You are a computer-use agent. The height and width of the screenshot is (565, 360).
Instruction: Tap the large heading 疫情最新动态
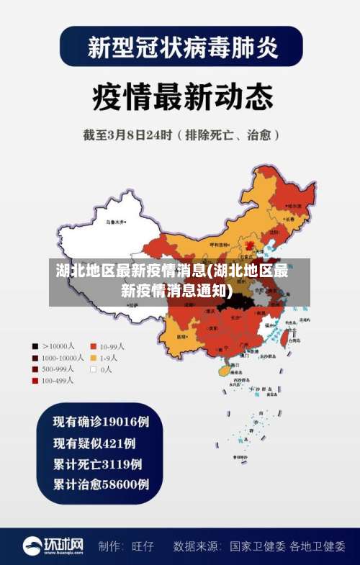click(180, 94)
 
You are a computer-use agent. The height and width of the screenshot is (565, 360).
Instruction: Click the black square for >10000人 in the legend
click(35, 345)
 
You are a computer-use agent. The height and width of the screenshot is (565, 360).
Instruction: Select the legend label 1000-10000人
click(63, 357)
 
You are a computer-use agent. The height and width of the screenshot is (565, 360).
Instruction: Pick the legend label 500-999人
click(59, 369)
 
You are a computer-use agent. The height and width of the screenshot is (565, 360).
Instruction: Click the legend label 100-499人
click(58, 380)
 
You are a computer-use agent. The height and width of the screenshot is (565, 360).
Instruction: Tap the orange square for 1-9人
click(93, 357)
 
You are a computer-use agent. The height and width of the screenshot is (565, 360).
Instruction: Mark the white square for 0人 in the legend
click(93, 369)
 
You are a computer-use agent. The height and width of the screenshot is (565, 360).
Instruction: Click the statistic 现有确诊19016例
click(102, 420)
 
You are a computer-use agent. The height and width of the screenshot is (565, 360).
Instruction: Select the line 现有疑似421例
click(94, 442)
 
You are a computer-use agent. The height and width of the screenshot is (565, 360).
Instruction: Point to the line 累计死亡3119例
click(98, 463)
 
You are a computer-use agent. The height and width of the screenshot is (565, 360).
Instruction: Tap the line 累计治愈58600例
click(102, 484)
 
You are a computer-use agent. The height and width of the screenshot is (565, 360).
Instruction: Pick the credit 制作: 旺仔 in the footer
click(126, 546)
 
